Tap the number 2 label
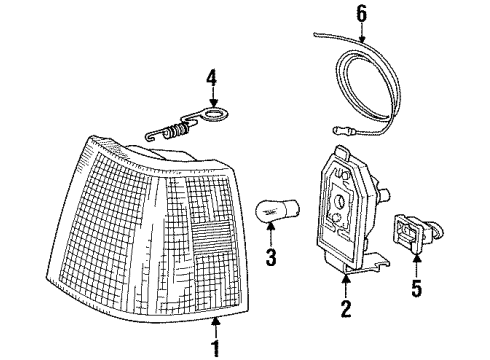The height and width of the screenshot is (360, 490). pyautogui.click(x=345, y=308)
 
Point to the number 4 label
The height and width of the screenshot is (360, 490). pyautogui.click(x=211, y=76)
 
